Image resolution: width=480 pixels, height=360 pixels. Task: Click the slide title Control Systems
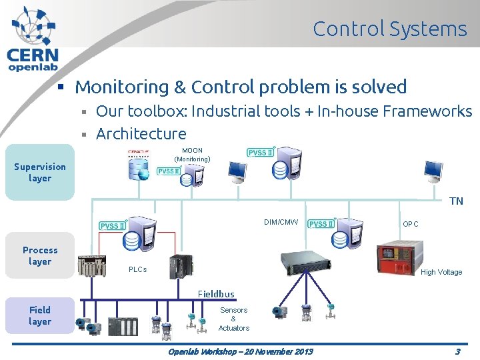click(389, 29)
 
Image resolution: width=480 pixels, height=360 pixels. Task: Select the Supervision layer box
click(40, 173)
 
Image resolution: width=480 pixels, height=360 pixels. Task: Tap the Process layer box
click(40, 256)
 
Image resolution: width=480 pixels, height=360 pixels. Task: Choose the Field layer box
click(40, 315)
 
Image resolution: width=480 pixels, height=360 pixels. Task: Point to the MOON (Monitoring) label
click(192, 155)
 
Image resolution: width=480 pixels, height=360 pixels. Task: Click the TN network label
click(456, 201)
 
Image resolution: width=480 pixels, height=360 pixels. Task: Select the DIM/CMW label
click(281, 222)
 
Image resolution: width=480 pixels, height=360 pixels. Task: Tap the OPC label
click(411, 224)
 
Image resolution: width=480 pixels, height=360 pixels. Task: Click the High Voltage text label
click(441, 272)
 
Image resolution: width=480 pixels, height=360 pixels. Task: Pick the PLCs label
click(137, 269)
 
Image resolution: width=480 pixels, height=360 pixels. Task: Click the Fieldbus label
click(216, 294)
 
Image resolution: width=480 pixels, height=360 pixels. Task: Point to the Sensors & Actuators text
click(233, 319)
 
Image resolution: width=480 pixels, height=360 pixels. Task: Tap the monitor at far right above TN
click(433, 172)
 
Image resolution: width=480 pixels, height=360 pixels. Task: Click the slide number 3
click(457, 351)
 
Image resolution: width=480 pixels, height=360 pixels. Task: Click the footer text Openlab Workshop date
click(240, 351)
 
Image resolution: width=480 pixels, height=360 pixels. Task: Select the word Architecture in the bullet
click(141, 134)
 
